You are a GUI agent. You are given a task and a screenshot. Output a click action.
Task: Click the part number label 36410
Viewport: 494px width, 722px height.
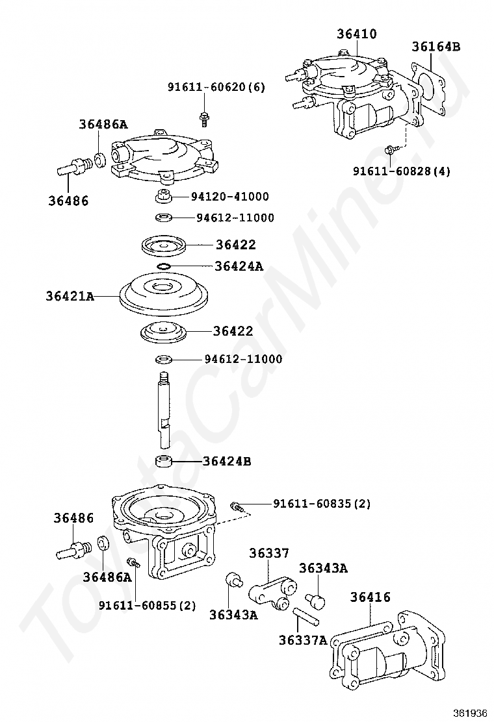tap(356, 34)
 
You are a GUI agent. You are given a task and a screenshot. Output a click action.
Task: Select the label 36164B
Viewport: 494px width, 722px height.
tap(435, 46)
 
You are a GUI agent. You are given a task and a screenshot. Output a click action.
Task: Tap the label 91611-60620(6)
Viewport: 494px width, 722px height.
tap(216, 87)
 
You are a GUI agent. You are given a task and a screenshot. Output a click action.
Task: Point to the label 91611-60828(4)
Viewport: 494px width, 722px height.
tap(402, 171)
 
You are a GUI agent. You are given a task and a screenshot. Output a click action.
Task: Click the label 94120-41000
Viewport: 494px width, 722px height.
tap(229, 197)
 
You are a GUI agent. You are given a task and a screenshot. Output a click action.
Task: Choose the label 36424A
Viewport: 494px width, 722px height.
tap(239, 266)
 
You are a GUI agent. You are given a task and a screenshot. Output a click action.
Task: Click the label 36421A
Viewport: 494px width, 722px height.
tap(70, 297)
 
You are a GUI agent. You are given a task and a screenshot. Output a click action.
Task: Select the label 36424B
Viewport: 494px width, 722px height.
tap(226, 462)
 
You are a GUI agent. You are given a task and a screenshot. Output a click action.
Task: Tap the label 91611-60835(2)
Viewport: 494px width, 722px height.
tap(321, 504)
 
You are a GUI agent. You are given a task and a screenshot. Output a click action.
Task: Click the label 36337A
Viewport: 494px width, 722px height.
tap(303, 640)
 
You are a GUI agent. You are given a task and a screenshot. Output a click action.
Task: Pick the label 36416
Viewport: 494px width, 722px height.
tap(370, 597)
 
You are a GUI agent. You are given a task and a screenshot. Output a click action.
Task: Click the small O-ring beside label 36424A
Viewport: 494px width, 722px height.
tap(164, 266)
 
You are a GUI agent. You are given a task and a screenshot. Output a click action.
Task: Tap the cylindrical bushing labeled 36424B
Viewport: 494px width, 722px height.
tap(164, 462)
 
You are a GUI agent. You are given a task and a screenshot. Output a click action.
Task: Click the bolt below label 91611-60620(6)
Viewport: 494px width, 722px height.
tap(203, 119)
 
